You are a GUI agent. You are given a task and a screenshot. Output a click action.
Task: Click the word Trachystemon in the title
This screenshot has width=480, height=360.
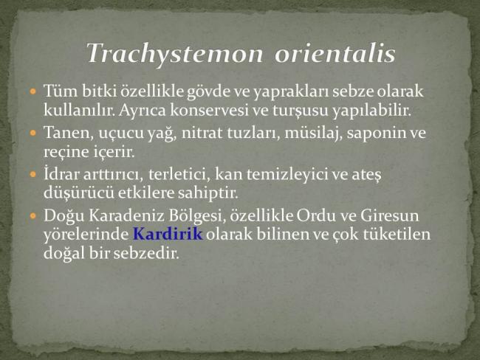175,54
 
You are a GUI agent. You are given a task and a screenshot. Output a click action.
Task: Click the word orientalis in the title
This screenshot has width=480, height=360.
335,53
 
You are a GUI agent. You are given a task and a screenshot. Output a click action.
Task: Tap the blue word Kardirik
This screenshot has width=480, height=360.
168,234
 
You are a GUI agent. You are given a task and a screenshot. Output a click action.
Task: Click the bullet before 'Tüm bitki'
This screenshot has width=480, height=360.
33,91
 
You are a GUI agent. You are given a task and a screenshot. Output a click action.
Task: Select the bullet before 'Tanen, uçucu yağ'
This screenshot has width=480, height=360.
33,133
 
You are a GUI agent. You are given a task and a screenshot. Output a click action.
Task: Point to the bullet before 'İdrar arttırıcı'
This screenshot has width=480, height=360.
33,174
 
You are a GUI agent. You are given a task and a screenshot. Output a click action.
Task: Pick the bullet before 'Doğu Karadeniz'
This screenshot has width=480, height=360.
33,215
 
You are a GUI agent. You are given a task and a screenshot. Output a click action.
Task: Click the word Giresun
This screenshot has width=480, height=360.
390,215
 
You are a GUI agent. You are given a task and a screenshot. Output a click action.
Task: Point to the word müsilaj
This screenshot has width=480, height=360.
313,134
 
